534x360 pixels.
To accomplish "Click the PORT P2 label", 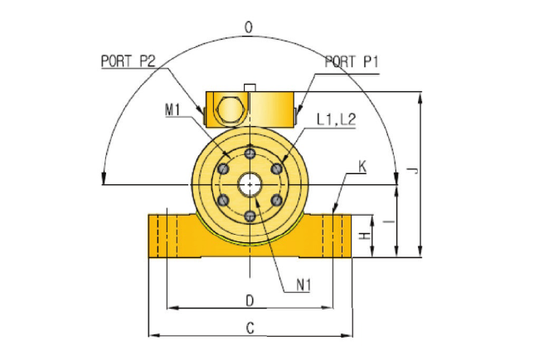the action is (x=128, y=61).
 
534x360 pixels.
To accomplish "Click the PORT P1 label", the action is (x=352, y=62).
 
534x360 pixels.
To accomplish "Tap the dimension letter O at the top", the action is (x=249, y=27).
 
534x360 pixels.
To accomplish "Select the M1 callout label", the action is (x=172, y=110).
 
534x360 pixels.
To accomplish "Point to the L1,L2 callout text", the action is (x=336, y=119).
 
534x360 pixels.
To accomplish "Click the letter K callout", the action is (x=362, y=167).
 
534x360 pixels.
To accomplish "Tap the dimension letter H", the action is (x=365, y=236).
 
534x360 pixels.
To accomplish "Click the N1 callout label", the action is (x=303, y=285).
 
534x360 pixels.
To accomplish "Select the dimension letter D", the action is (x=250, y=301).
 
